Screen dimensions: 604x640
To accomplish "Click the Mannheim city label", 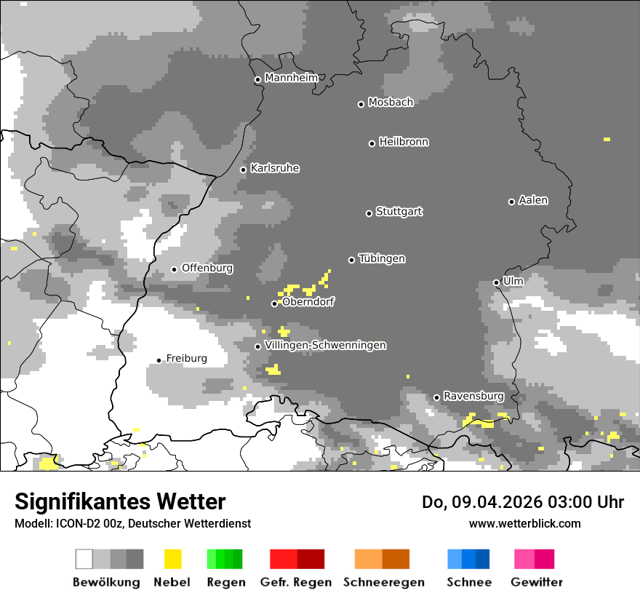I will [291, 77].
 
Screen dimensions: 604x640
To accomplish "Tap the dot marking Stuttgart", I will [369, 213].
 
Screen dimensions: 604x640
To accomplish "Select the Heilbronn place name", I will [404, 142].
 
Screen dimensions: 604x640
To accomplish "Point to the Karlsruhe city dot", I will [244, 170].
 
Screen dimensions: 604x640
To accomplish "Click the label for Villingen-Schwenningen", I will [326, 345].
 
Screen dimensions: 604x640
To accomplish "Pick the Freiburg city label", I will [186, 358].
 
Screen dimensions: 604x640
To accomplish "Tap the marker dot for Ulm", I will [496, 282].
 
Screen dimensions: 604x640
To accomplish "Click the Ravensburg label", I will [473, 396].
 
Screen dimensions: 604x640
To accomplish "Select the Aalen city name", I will [533, 200].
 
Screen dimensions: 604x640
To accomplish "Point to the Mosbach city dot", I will [361, 104].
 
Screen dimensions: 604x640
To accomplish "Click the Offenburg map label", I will [207, 268].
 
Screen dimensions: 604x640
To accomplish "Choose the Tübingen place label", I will [382, 258].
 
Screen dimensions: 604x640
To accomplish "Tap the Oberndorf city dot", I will [274, 303].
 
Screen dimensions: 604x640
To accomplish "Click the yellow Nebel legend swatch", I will [172, 559].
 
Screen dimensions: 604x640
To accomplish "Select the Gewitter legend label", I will [537, 582].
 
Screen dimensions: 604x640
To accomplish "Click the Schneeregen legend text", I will [384, 582].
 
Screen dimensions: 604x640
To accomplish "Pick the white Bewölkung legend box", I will [84, 559].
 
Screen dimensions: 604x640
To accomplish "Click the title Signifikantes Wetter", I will [120, 501].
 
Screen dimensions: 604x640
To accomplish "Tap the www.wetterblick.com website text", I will [524, 523].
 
